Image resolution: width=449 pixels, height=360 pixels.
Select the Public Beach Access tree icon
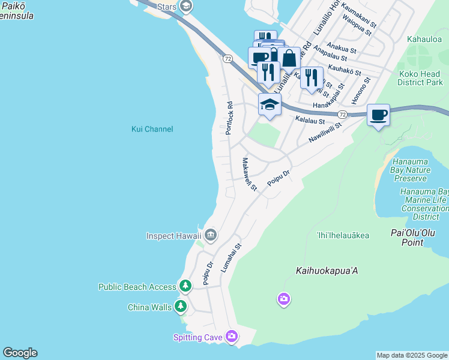pos(186,287)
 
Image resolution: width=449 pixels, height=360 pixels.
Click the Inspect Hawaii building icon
pos(210,235)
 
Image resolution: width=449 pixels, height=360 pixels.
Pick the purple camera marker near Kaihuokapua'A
pos(283,298)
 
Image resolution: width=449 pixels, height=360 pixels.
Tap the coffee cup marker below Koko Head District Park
pos(378,114)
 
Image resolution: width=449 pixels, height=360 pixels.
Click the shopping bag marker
pos(289,59)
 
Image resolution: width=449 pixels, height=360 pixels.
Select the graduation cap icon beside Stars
pos(186,6)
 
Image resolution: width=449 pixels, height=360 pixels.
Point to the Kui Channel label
pos(152,129)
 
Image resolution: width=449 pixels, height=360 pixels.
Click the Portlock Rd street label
pos(229,118)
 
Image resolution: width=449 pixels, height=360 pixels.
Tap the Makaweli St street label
pos(249,175)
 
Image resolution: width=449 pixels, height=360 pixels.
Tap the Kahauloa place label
pos(424,39)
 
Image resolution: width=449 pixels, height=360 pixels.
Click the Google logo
pos(20,353)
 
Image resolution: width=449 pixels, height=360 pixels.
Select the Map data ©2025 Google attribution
pos(412,355)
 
